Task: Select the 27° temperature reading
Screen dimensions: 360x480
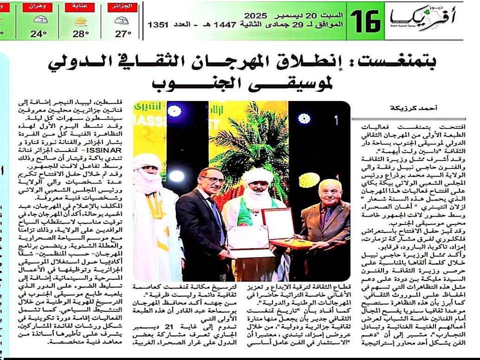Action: coord(122,33)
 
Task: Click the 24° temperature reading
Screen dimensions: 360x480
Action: coord(38,33)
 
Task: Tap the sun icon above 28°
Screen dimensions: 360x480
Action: coord(80,21)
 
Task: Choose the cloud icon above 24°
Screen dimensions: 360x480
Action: coord(39,21)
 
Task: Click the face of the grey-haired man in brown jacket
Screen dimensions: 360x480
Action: coord(317,191)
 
